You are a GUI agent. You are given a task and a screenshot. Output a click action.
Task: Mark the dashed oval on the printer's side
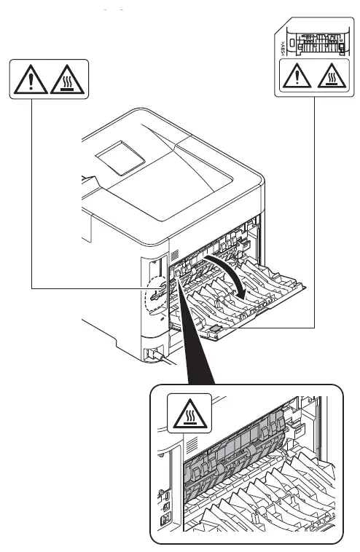tap(156, 298)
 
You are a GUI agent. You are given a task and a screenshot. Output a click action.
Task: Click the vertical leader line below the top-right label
tap(315, 218)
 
